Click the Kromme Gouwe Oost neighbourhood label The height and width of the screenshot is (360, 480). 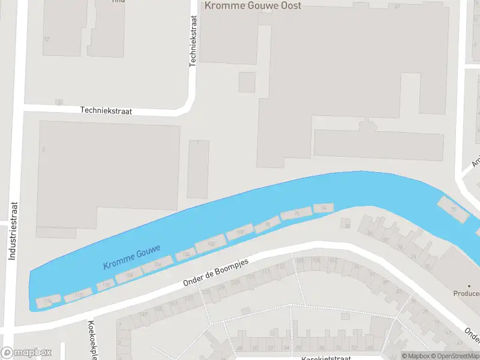[x=253, y=5]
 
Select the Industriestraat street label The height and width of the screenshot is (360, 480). [x=11, y=230]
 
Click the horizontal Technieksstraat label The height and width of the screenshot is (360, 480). [x=106, y=111]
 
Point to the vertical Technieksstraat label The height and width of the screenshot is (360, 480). [x=193, y=41]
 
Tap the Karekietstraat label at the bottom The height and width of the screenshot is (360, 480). [x=327, y=356]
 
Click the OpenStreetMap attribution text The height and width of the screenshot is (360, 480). [x=452, y=356]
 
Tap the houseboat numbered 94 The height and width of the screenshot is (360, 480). [x=323, y=208]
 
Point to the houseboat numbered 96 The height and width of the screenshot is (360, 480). [x=296, y=214]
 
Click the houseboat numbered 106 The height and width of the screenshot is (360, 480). [x=186, y=255]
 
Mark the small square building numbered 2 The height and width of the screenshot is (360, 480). [x=59, y=103]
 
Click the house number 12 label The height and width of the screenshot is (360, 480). [x=47, y=39]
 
